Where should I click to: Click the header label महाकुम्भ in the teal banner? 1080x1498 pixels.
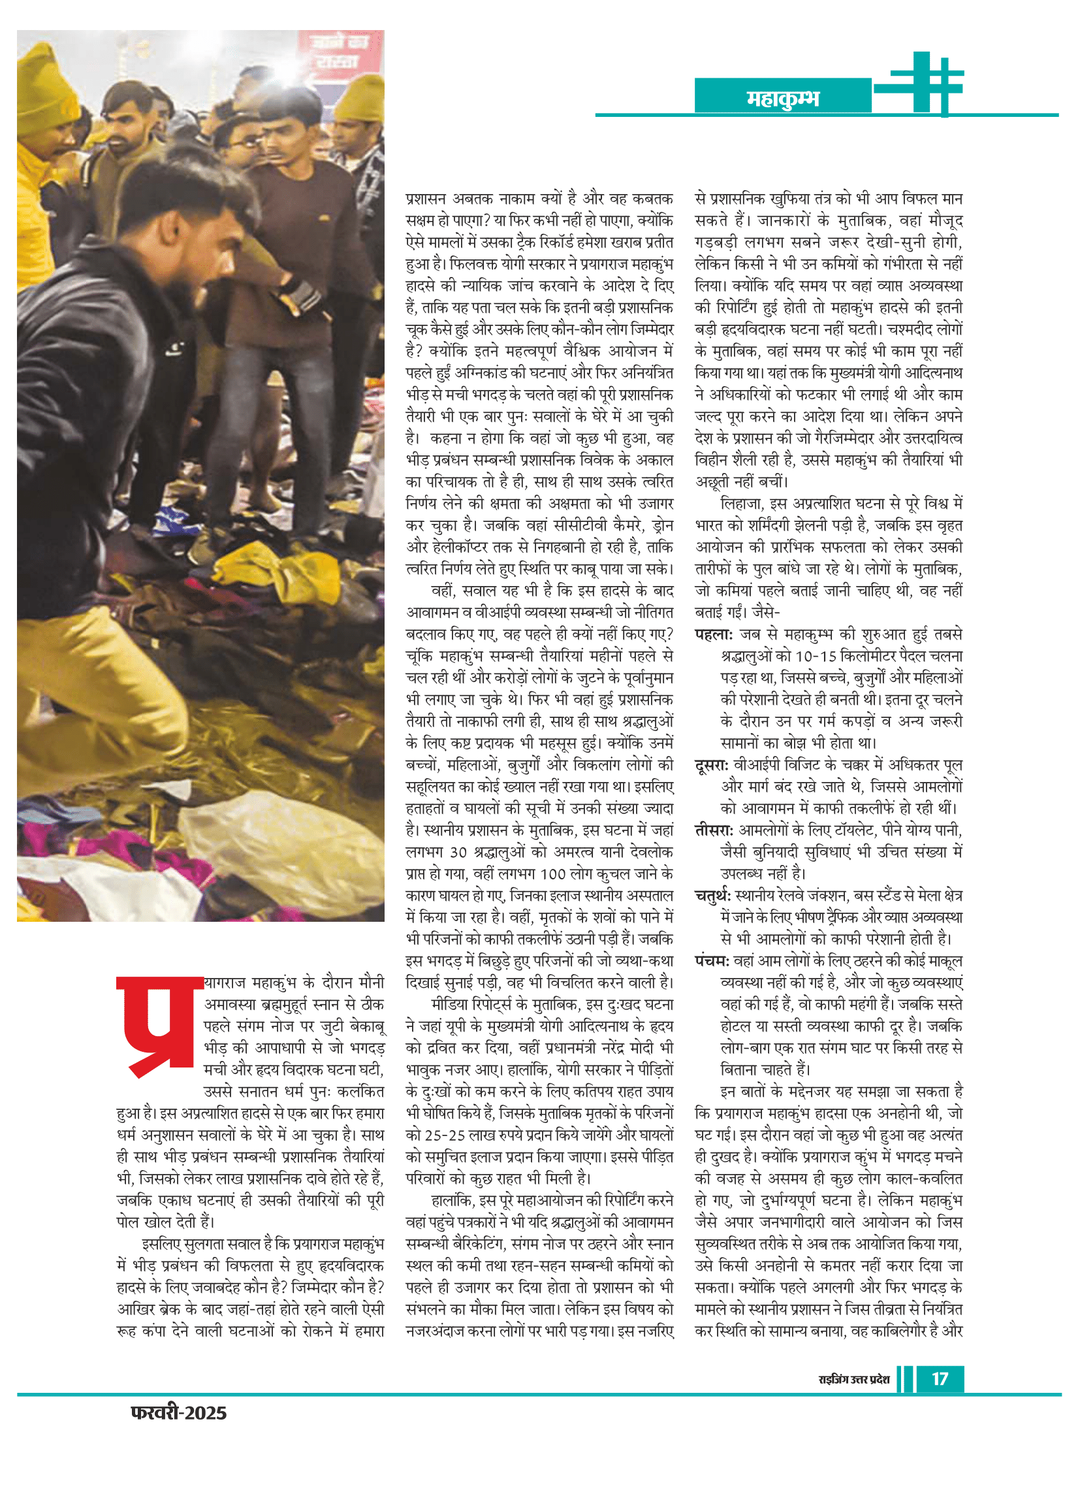pos(782,99)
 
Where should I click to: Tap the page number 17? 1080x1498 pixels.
pos(940,1379)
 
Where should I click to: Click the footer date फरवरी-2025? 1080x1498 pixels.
pos(179,1413)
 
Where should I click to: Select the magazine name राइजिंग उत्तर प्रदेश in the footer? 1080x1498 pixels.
pos(853,1380)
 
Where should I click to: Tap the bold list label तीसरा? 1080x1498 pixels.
pos(713,830)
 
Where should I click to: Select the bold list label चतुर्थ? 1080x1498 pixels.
pos(712,896)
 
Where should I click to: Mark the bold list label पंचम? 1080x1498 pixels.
pos(712,961)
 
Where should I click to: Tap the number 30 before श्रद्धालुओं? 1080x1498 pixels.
pos(460,853)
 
